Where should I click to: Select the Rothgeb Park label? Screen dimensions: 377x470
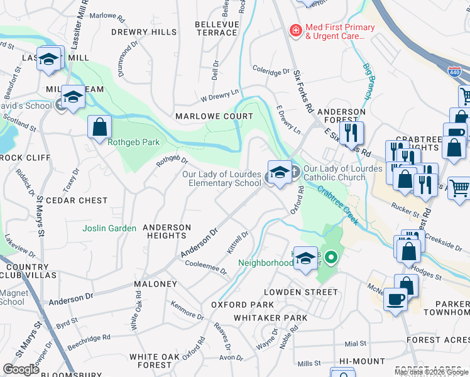[x=133, y=143]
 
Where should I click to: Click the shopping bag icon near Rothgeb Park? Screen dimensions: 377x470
[x=99, y=128]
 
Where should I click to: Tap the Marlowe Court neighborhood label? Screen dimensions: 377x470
[x=214, y=116]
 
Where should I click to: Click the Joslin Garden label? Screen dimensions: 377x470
[x=109, y=229]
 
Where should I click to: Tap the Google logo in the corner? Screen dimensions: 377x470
[x=21, y=369]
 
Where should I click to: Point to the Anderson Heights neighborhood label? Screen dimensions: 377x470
[x=167, y=231]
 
